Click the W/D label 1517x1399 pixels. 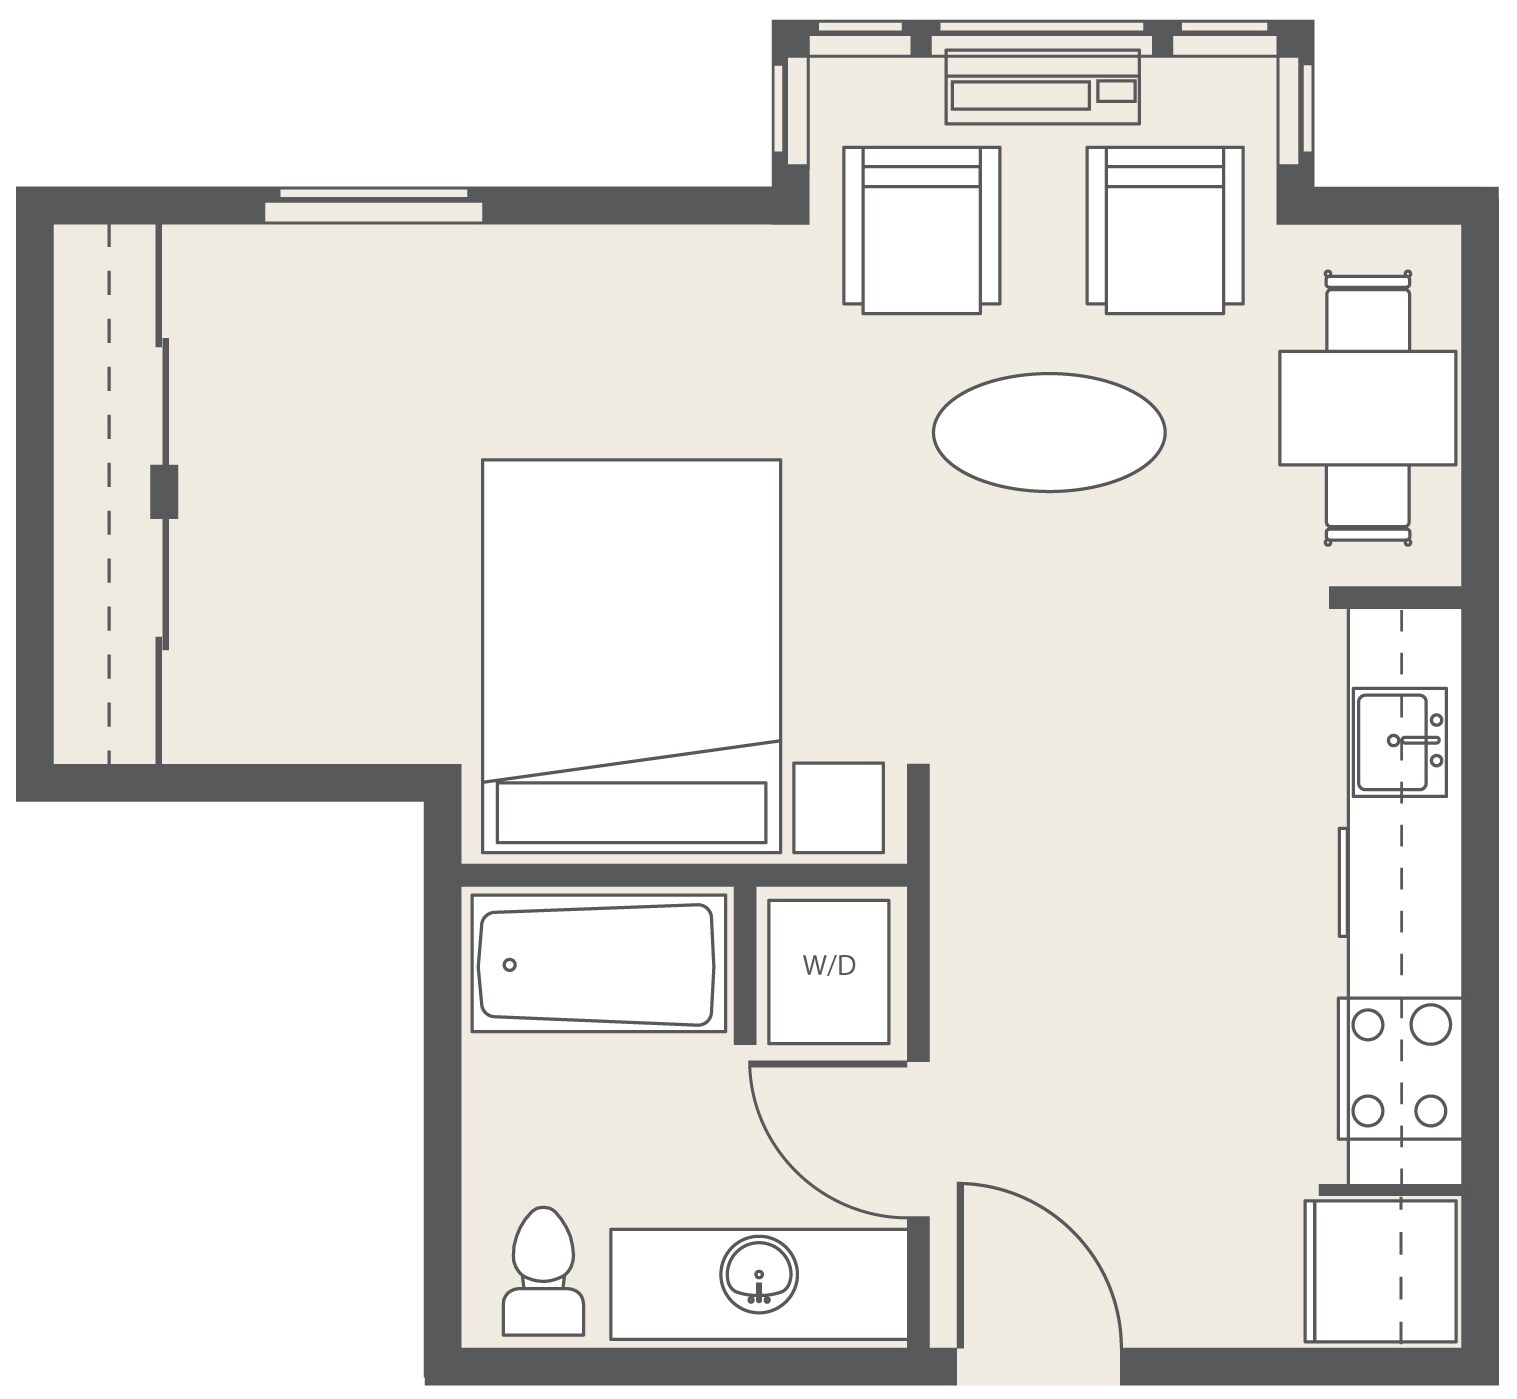point(829,966)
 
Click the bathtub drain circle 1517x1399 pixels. point(509,965)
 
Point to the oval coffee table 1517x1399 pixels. point(1048,432)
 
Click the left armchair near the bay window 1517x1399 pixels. point(921,230)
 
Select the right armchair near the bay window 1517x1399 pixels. point(1165,230)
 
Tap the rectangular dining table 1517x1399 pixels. point(1367,407)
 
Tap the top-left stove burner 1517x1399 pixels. point(1368,1025)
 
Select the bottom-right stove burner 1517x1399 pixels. point(1431,1110)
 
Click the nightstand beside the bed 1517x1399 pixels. point(838,808)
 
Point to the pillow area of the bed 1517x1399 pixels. point(631,812)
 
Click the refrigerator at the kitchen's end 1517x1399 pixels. point(1380,1270)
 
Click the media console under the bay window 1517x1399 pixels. point(1042,87)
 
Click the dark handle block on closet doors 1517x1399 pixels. point(164,491)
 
